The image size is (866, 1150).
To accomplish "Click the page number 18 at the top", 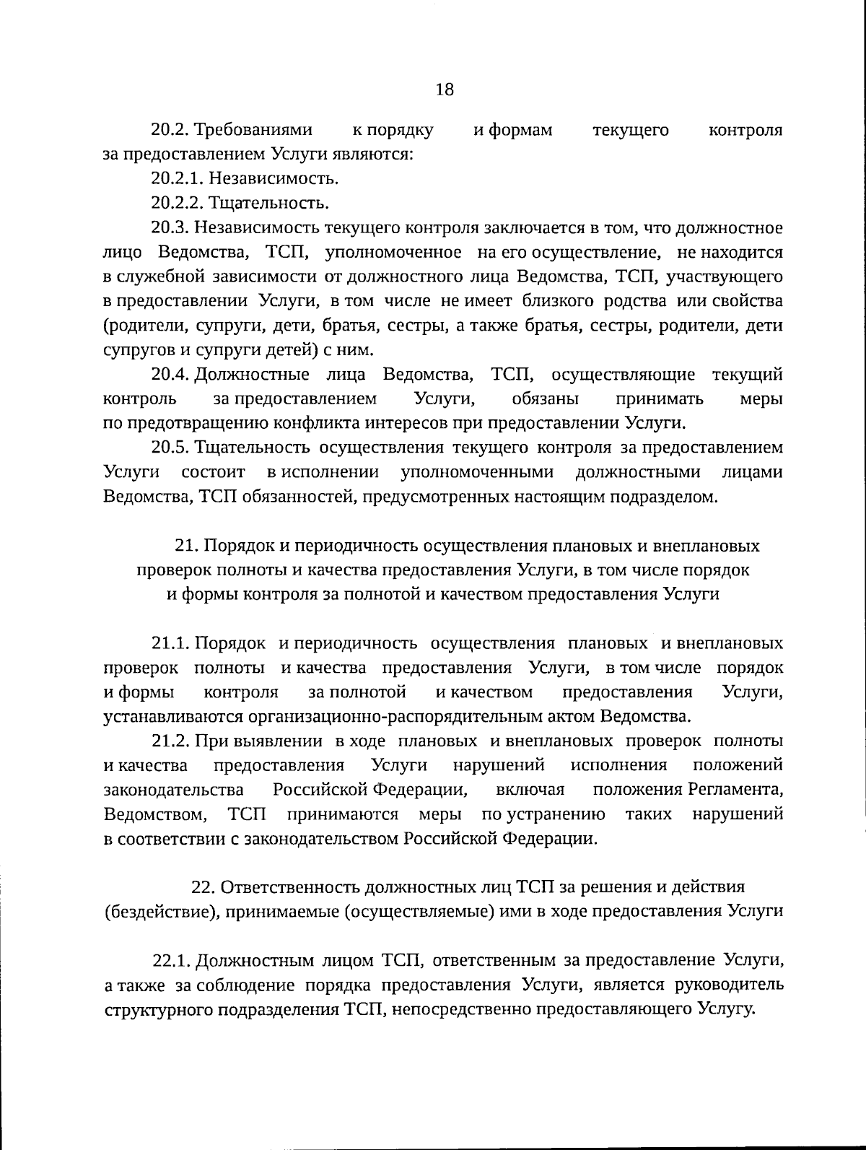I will [x=445, y=90].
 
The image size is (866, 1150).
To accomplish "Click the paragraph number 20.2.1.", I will [x=170, y=178].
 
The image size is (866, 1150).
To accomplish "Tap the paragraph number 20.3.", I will [x=170, y=228].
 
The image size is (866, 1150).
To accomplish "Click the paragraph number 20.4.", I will [x=170, y=375].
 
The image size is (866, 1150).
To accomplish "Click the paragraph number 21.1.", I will [x=170, y=644].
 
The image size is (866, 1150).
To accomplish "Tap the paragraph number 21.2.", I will [x=170, y=741].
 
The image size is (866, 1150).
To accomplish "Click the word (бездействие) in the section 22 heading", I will [x=161, y=911].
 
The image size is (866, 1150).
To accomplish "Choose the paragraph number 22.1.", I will [x=171, y=961].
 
